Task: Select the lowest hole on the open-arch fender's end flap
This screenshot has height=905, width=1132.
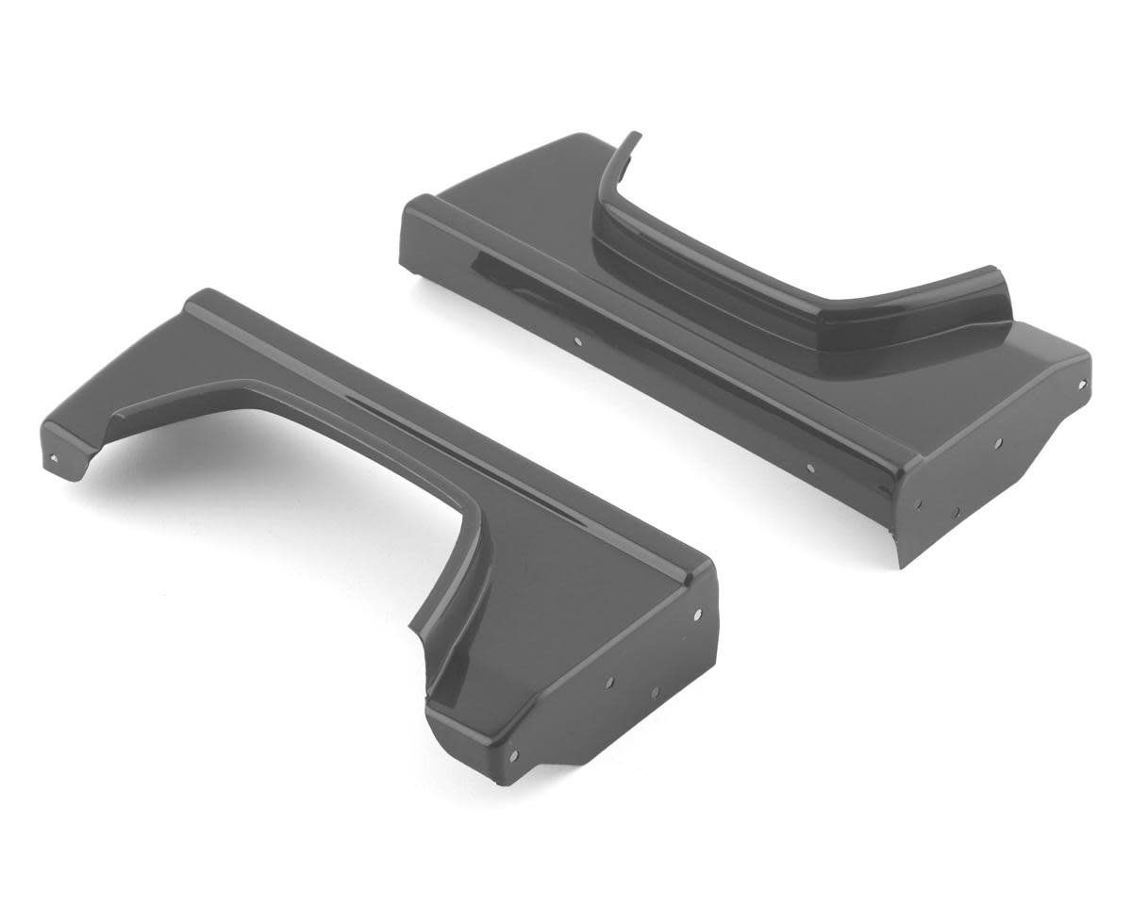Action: tap(513, 754)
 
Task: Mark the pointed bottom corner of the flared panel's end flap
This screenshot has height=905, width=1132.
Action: tap(903, 566)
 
